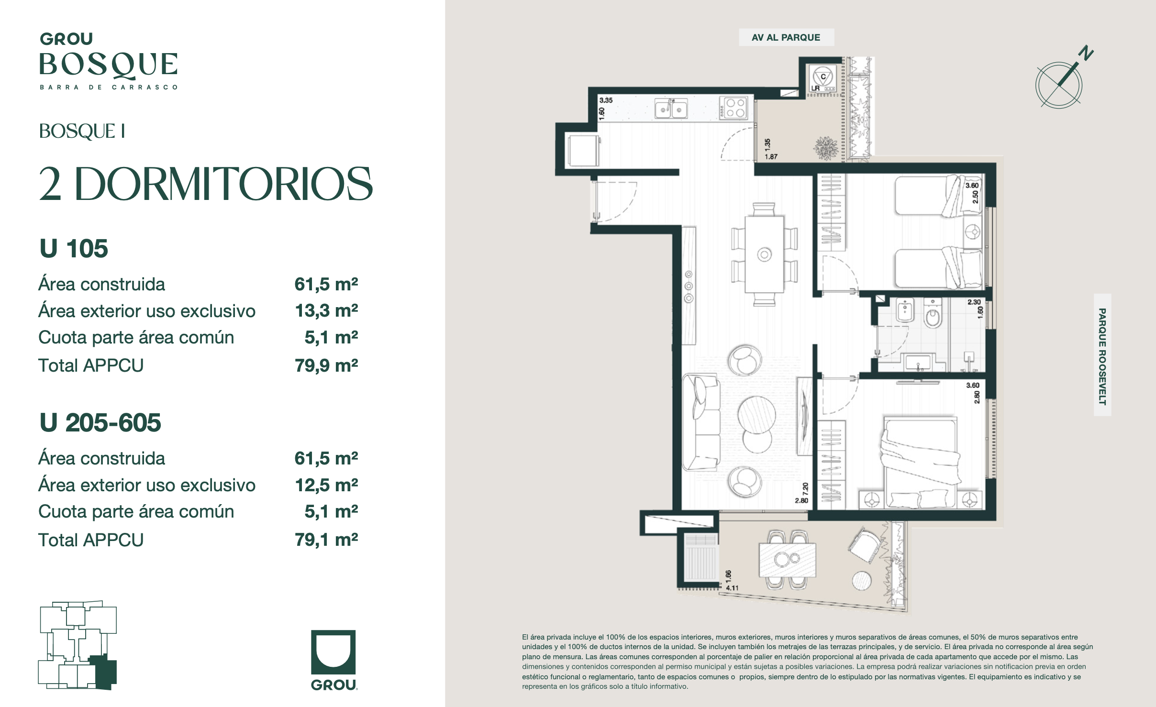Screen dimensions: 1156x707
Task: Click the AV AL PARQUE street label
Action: pyautogui.click(x=786, y=37)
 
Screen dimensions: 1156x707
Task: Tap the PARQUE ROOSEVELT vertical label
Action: pyautogui.click(x=1102, y=356)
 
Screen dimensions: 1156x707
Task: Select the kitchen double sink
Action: pyautogui.click(x=671, y=109)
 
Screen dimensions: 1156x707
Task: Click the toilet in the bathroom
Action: pyautogui.click(x=933, y=313)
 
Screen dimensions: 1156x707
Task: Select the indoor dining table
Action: pyautogui.click(x=764, y=254)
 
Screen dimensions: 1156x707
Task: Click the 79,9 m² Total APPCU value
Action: pyautogui.click(x=326, y=365)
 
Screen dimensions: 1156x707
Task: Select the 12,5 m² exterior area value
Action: pyautogui.click(x=326, y=485)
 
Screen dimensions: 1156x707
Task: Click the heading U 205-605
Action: pyautogui.click(x=100, y=422)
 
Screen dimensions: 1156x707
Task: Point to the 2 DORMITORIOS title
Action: pyautogui.click(x=206, y=184)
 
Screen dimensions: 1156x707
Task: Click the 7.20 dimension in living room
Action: pyautogui.click(x=805, y=489)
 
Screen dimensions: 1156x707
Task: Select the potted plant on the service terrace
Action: pyautogui.click(x=826, y=148)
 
